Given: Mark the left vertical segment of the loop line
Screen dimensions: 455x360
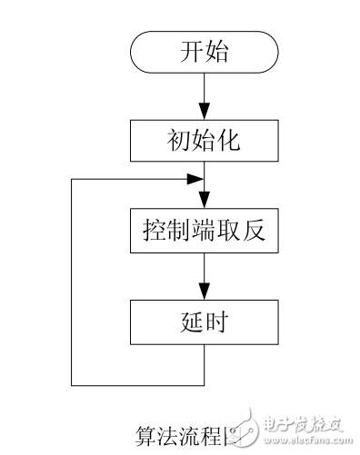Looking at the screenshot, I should point(71,282).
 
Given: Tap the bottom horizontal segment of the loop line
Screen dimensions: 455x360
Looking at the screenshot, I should point(136,383).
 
